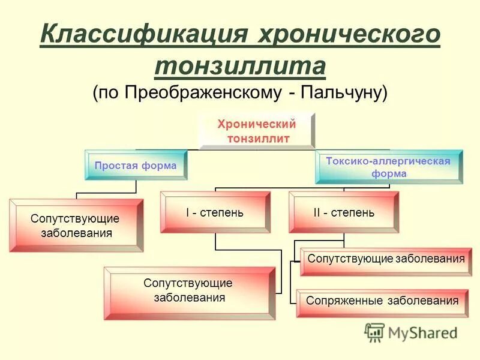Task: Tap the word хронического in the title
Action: pyautogui.click(x=348, y=34)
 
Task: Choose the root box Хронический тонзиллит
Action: pyautogui.click(x=257, y=131)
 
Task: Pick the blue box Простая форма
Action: pyautogui.click(x=136, y=166)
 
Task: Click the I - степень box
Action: pyautogui.click(x=214, y=212)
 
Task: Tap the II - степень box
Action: pyautogui.click(x=343, y=212)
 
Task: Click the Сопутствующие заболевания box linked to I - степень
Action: pyautogui.click(x=188, y=292)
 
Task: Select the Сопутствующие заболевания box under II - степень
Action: pyautogui.click(x=386, y=259)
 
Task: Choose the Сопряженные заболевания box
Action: pyautogui.click(x=382, y=301)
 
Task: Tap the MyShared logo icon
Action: pyautogui.click(x=374, y=332)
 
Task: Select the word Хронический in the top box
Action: pyautogui.click(x=257, y=125)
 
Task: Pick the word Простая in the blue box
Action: pyautogui.click(x=113, y=166)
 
